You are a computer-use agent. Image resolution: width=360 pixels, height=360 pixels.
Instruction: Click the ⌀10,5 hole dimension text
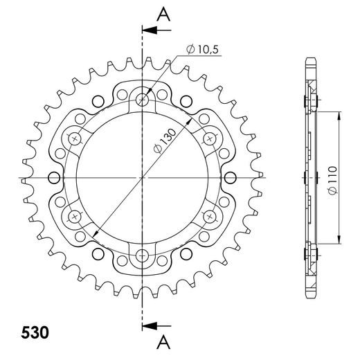click(x=203, y=49)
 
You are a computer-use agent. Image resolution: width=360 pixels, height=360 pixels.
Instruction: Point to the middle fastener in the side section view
click(x=309, y=178)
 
